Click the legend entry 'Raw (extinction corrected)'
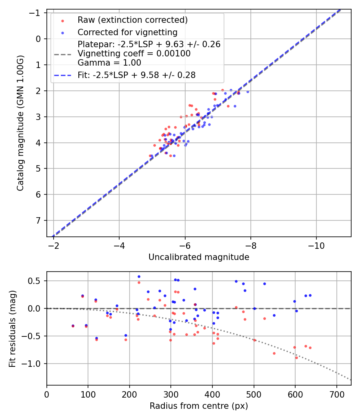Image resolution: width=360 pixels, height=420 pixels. coord(132,20)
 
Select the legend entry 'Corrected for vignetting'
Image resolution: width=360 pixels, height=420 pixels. coord(127,32)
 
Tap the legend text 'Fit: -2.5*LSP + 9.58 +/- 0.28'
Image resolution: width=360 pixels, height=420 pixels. coord(136,75)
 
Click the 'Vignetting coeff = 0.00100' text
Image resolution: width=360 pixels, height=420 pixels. coord(134,54)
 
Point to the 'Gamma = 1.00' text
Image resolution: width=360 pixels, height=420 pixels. coord(109,62)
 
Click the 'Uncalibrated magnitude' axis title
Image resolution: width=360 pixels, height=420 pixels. coord(199,257)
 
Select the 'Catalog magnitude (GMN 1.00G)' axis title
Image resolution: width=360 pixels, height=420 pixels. coord(20,123)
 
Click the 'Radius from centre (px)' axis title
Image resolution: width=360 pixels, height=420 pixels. coord(199,406)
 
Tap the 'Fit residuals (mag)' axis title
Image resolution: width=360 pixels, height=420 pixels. coord(12,328)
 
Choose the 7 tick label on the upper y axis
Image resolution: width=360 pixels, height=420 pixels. coord(39,220)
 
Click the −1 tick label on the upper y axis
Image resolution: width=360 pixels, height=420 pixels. coord(36,13)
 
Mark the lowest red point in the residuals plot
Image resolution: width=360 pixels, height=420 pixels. coord(296,358)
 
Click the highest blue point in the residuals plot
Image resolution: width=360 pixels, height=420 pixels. coord(139,276)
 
